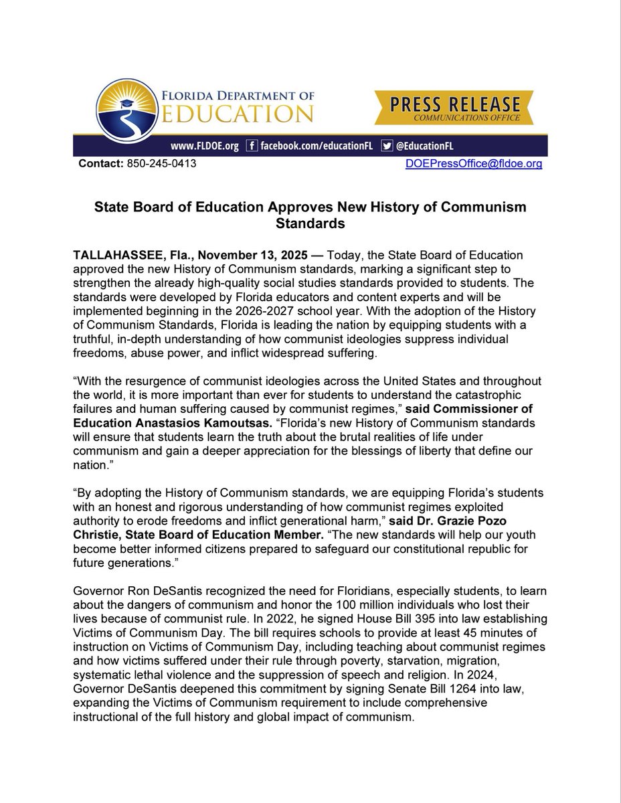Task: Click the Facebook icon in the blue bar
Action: pos(251,146)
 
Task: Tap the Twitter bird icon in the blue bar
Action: pos(387,146)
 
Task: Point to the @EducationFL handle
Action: pos(428,146)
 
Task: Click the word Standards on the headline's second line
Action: pos(310,224)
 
